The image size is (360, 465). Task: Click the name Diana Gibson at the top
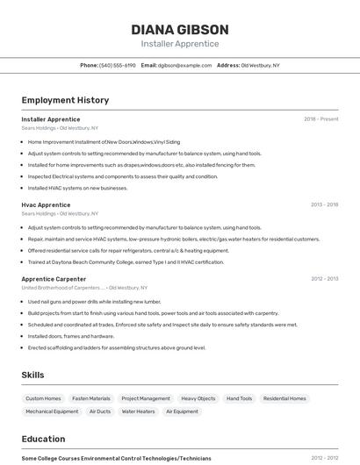[x=179, y=29]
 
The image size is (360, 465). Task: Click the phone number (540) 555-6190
[x=118, y=65]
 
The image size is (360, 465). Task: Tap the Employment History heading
[x=65, y=100]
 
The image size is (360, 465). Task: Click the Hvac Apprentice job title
[x=46, y=204]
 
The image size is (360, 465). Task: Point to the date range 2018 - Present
[x=320, y=119]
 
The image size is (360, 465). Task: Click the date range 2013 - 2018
[x=324, y=204]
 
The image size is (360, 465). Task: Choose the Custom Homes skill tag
[x=43, y=398]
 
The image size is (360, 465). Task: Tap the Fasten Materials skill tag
[x=91, y=398]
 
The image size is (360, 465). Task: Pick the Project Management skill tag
[x=146, y=398]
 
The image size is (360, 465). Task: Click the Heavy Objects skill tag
[x=198, y=398]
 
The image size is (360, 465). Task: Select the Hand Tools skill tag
[x=239, y=398]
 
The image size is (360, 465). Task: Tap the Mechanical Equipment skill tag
[x=52, y=411]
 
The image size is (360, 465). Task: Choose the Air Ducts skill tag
[x=99, y=411]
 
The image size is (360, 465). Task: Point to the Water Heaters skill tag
[x=138, y=411]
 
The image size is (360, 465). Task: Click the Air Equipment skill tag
[x=182, y=411]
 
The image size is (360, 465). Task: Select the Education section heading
[x=43, y=439]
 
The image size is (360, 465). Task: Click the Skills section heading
[x=32, y=375]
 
